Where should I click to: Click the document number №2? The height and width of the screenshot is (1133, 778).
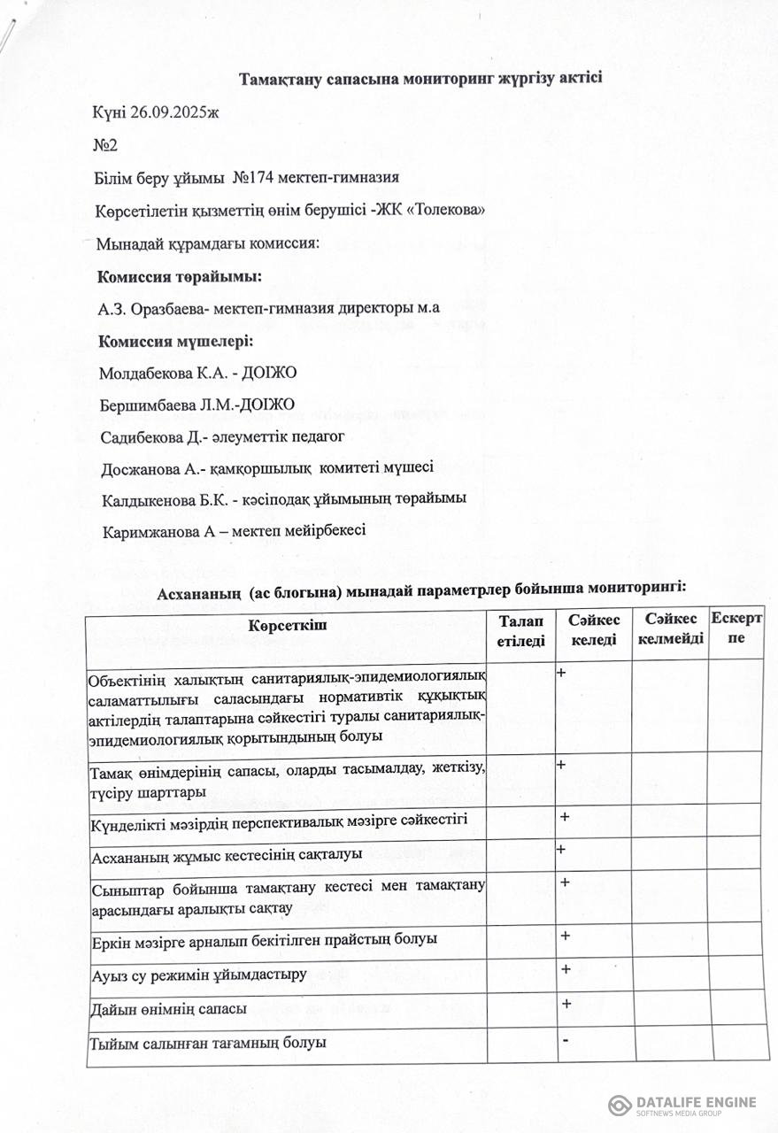point(105,144)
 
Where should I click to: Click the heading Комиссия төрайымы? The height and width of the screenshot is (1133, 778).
point(179,276)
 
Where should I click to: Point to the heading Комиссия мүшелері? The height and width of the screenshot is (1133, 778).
point(175,342)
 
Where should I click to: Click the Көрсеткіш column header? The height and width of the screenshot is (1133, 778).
point(288,627)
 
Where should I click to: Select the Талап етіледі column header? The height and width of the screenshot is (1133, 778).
point(521,633)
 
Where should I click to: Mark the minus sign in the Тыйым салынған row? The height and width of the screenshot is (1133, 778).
point(565,1038)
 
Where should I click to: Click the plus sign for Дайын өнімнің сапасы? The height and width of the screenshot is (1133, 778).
point(566,1004)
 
